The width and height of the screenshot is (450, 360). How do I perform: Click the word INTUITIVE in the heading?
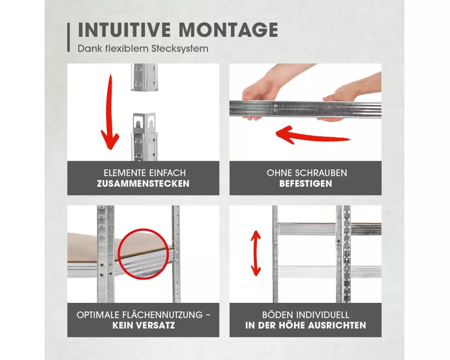tap(124, 30)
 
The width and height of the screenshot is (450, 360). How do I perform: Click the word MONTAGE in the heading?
tap(228, 30)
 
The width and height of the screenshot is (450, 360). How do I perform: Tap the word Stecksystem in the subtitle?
tap(180, 49)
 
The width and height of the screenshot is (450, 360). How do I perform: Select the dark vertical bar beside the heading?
tap(68, 37)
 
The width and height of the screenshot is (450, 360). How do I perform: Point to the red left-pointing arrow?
tap(313, 135)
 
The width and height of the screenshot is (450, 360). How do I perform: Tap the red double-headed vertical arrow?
tap(256, 253)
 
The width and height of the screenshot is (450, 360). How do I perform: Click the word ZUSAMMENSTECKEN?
tap(143, 184)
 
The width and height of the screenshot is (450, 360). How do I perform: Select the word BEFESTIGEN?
tap(306, 184)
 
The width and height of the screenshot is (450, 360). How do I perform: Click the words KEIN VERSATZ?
tap(144, 325)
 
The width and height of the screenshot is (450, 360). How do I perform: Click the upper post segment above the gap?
tap(144, 77)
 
